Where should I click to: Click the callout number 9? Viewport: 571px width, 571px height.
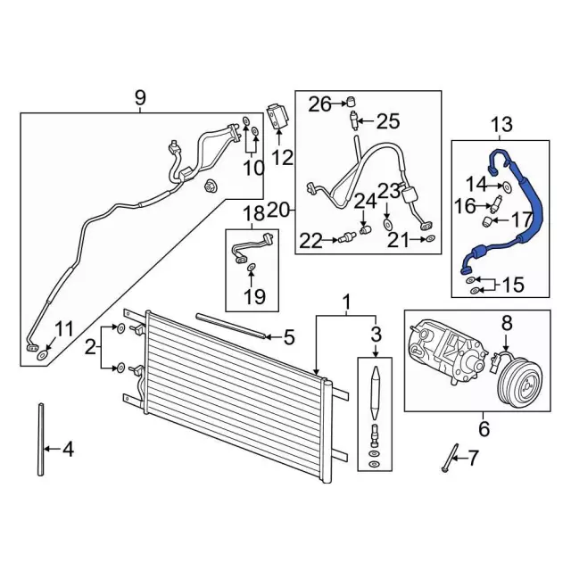pyautogui.click(x=140, y=97)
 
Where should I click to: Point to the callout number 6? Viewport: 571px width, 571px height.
pyautogui.click(x=484, y=429)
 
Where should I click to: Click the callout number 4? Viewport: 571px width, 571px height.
pyautogui.click(x=69, y=450)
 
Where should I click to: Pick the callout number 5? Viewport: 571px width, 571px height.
pyautogui.click(x=288, y=337)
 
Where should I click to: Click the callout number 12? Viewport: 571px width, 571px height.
pyautogui.click(x=282, y=159)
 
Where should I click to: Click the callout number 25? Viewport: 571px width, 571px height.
pyautogui.click(x=388, y=120)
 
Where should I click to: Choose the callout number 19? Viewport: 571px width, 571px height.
pyautogui.click(x=255, y=296)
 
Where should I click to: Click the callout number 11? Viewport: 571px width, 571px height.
pyautogui.click(x=64, y=326)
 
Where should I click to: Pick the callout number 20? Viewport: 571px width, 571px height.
pyautogui.click(x=277, y=211)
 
